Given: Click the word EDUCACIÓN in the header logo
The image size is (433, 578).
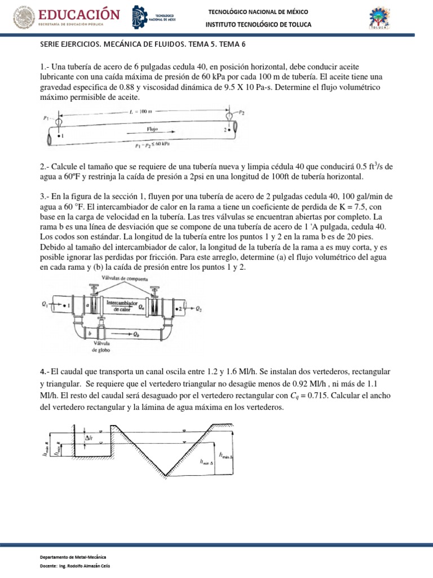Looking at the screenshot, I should click(79, 14).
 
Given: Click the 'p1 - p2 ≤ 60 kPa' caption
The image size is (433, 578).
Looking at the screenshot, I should click(152, 144).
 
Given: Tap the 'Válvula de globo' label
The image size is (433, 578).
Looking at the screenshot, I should click(101, 347).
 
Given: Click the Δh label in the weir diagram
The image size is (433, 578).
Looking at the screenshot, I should click(89, 437).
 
